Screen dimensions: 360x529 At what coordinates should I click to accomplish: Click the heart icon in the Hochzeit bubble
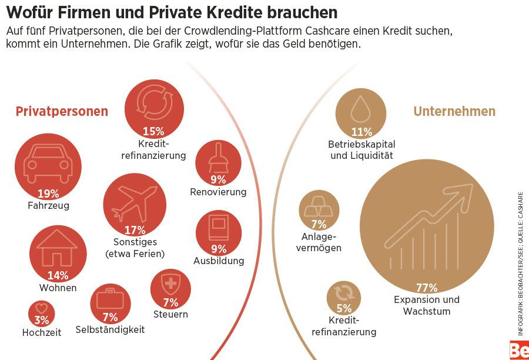pyautogui.click(x=41, y=308)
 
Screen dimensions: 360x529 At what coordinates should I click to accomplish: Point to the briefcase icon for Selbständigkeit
pyautogui.click(x=110, y=298)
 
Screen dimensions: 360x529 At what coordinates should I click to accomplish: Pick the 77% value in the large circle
pyautogui.click(x=427, y=288)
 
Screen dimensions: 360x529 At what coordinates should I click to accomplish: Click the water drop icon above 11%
pyautogui.click(x=360, y=109)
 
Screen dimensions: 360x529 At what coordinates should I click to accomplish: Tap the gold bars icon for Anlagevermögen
pyautogui.click(x=319, y=206)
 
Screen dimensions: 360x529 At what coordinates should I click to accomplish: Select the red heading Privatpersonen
pyautogui.click(x=62, y=111)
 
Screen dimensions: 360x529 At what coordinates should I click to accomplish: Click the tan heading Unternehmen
pyautogui.click(x=454, y=111)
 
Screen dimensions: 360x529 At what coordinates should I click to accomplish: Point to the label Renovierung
pyautogui.click(x=218, y=192)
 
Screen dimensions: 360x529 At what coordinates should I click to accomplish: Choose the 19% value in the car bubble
pyautogui.click(x=48, y=194)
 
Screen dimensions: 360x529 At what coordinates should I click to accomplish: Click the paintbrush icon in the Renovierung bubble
pyautogui.click(x=218, y=158)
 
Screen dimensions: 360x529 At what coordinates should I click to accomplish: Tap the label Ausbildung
pyautogui.click(x=219, y=261)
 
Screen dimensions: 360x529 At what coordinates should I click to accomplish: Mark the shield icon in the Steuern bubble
pyautogui.click(x=170, y=285)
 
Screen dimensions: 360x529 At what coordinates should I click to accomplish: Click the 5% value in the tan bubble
pyautogui.click(x=344, y=308)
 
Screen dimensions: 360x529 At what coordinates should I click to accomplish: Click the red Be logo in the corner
pyautogui.click(x=519, y=350)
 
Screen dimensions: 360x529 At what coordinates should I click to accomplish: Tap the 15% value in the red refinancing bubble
pyautogui.click(x=153, y=131)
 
